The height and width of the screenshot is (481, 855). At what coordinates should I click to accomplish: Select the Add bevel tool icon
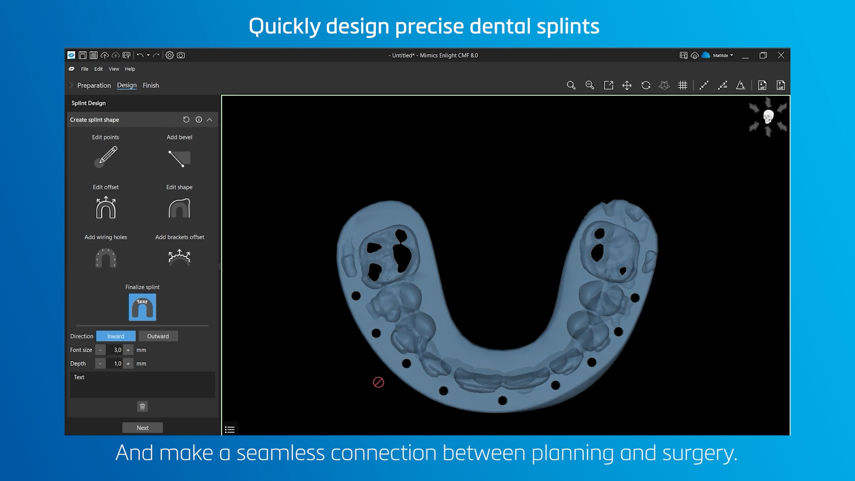pyautogui.click(x=179, y=159)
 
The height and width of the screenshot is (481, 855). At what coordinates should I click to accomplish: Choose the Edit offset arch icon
pyautogui.click(x=106, y=208)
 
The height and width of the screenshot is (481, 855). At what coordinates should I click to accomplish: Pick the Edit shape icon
pyautogui.click(x=179, y=208)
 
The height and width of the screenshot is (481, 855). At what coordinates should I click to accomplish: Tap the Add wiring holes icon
pyautogui.click(x=106, y=258)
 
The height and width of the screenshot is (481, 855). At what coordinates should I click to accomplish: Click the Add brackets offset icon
pyautogui.click(x=179, y=257)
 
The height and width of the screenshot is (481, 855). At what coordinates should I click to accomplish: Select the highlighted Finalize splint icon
pyautogui.click(x=142, y=307)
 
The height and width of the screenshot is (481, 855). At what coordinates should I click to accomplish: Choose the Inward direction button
pyautogui.click(x=116, y=336)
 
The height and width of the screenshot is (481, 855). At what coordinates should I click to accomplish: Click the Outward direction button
pyautogui.click(x=158, y=336)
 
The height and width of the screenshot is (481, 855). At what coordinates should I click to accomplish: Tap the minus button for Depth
pyautogui.click(x=101, y=364)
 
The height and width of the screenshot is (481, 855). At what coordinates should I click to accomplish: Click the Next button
pyautogui.click(x=142, y=428)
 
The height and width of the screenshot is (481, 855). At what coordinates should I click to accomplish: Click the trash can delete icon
pyautogui.click(x=142, y=407)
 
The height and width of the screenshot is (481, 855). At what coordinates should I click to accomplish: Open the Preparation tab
pyautogui.click(x=94, y=86)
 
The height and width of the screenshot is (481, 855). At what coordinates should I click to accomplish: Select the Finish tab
pyautogui.click(x=151, y=86)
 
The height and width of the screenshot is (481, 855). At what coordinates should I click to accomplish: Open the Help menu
pyautogui.click(x=130, y=69)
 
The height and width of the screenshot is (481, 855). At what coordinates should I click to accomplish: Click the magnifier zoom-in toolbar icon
pyautogui.click(x=571, y=86)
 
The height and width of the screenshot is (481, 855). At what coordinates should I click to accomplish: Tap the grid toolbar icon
pyautogui.click(x=683, y=86)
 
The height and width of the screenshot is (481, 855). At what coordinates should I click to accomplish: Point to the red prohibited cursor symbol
pyautogui.click(x=379, y=383)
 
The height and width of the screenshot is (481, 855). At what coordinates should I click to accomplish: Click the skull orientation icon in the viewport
pyautogui.click(x=768, y=117)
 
